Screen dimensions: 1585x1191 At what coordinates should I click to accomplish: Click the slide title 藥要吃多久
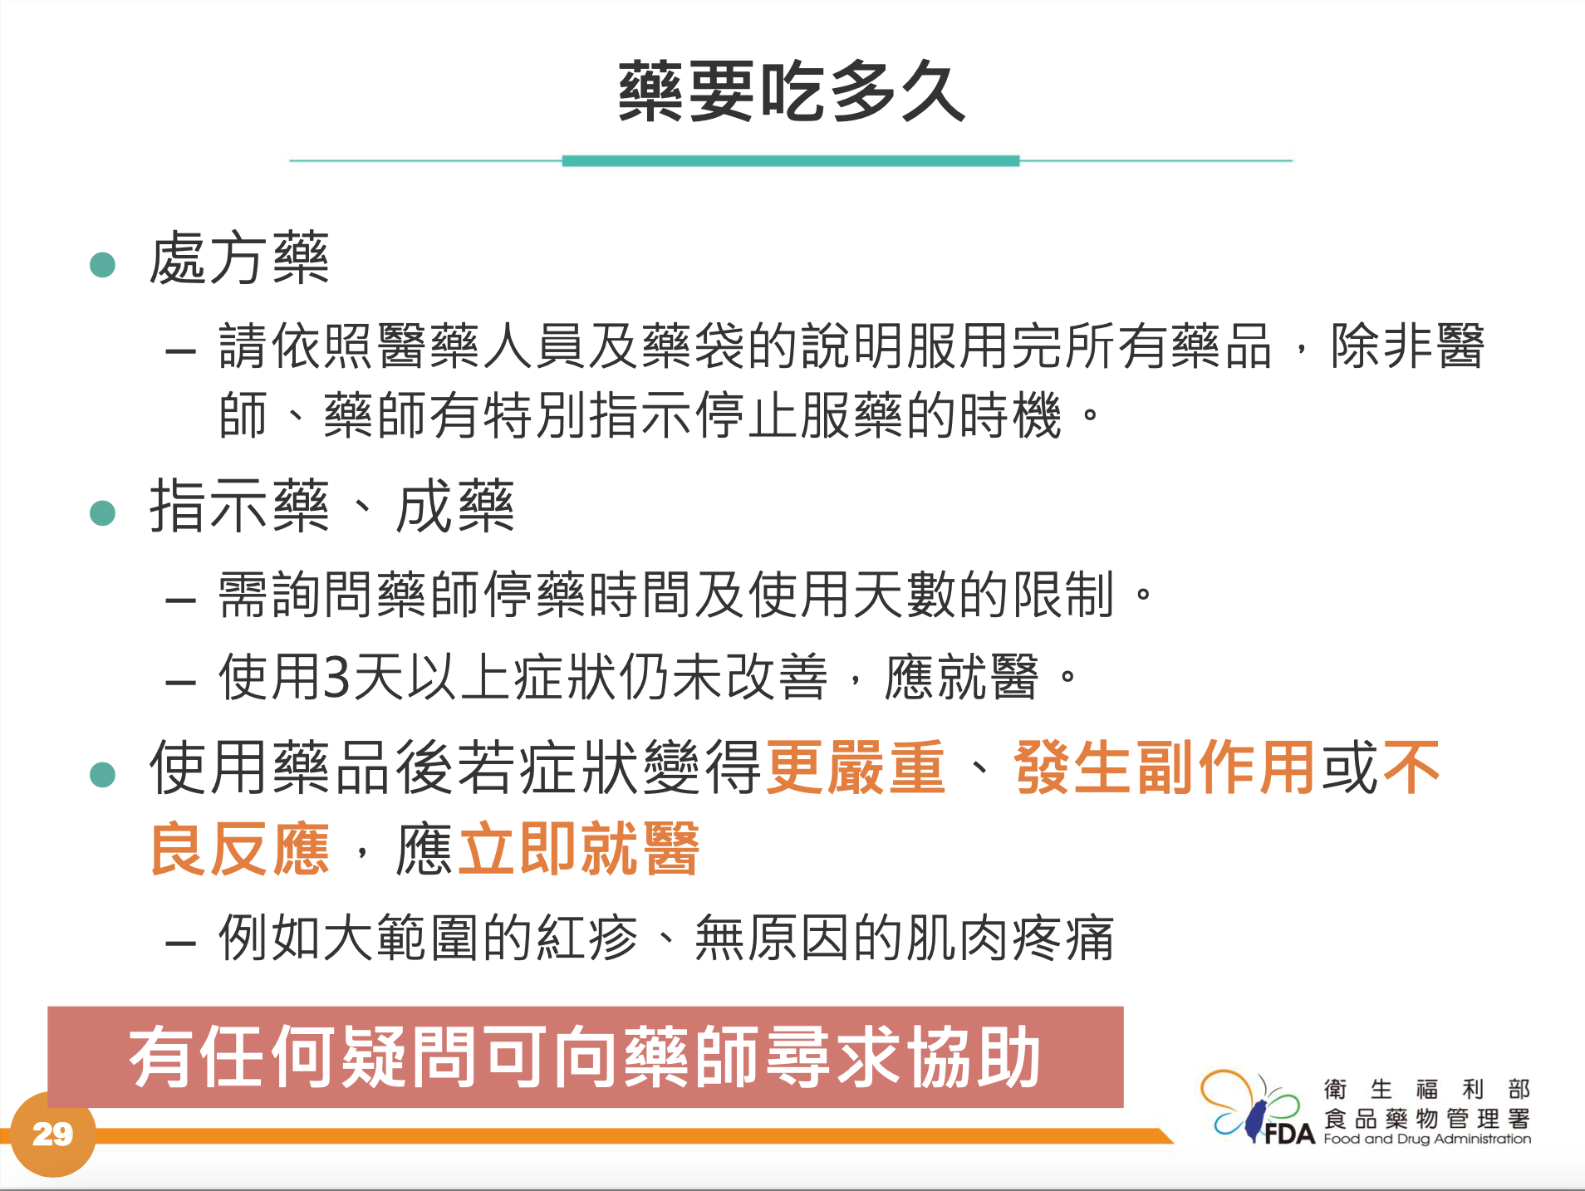(x=792, y=91)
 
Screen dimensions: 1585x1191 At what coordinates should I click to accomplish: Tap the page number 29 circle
(x=52, y=1134)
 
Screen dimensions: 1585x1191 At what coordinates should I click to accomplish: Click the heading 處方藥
(x=239, y=258)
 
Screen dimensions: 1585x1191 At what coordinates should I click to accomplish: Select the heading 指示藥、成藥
(x=331, y=506)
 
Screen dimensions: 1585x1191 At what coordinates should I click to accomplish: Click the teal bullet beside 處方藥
(x=102, y=265)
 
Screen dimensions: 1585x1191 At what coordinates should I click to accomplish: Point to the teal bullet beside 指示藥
(x=102, y=512)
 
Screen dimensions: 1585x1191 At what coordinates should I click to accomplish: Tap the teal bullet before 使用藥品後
(x=102, y=774)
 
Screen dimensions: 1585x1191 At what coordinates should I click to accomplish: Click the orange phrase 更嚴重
(x=855, y=767)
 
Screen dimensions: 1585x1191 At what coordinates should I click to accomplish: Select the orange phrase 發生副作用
(x=1164, y=767)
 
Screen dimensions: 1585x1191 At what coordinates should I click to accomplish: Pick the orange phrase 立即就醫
(x=579, y=849)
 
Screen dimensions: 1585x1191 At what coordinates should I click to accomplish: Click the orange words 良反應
(x=239, y=849)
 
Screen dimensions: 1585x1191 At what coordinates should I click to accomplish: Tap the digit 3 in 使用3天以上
(x=336, y=677)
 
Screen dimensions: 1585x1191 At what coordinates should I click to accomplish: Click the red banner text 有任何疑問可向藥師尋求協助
(x=585, y=1056)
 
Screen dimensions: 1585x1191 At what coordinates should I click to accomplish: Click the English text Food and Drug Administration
(x=1427, y=1139)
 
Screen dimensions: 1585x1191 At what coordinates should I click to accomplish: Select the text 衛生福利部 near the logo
(x=1427, y=1089)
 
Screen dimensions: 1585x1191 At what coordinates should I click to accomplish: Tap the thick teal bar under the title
(x=791, y=161)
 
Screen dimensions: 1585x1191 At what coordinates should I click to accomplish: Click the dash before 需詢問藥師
(x=180, y=599)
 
